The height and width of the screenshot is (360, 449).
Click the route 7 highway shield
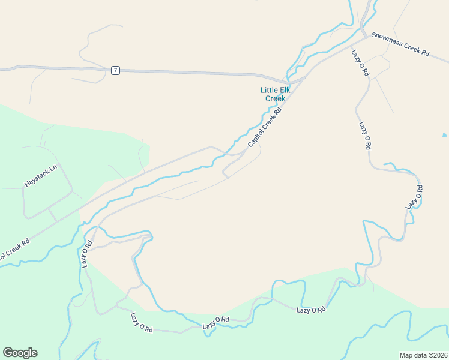[x=115, y=71]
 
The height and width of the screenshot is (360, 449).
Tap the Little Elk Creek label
[x=275, y=94]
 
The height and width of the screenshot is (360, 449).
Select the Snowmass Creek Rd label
[x=400, y=44]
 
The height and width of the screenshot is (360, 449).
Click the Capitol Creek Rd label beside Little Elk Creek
[x=265, y=128]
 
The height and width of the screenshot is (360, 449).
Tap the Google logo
[x=20, y=353]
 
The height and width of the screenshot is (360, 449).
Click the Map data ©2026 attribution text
[x=423, y=355]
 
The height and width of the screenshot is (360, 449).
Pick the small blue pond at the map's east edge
[x=444, y=135]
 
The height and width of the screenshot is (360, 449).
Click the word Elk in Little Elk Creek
[x=284, y=90]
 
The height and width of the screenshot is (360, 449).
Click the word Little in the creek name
[x=268, y=90]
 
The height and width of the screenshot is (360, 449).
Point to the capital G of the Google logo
[x=8, y=353]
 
